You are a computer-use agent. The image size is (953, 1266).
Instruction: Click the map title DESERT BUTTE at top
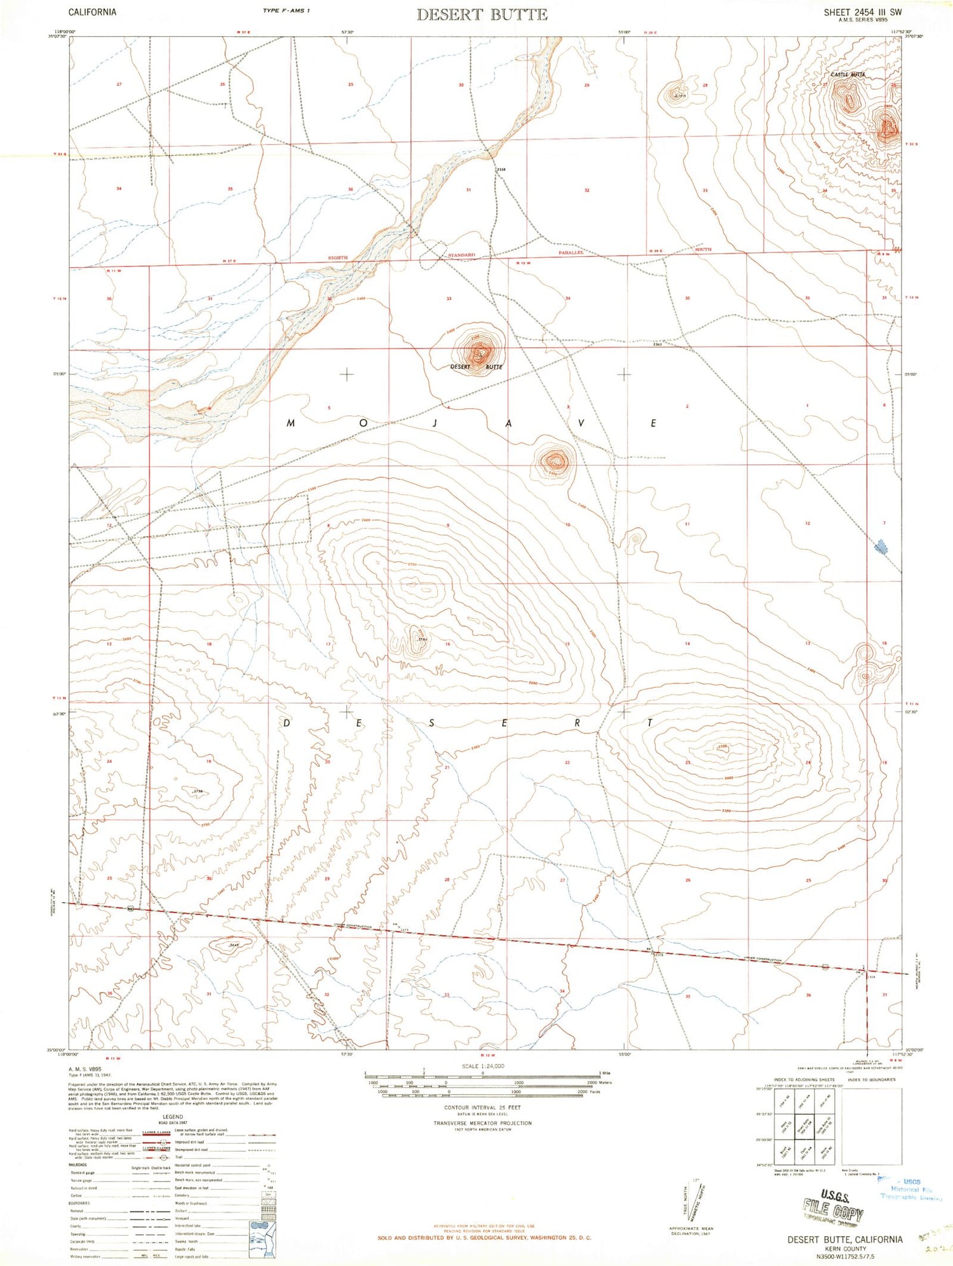(x=482, y=15)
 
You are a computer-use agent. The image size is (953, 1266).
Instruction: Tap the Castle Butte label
(x=848, y=75)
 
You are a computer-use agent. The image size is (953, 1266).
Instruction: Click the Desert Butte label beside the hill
(x=476, y=367)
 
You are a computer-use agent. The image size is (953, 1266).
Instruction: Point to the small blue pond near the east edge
(x=881, y=546)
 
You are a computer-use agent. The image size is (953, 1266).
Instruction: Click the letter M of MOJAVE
(x=291, y=423)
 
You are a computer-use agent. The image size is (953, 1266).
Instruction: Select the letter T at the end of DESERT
(x=651, y=723)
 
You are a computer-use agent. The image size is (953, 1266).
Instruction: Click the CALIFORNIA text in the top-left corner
(x=92, y=12)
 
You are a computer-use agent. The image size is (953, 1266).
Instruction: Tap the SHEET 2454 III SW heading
(x=862, y=12)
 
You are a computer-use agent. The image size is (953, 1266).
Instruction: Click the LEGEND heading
(x=172, y=1117)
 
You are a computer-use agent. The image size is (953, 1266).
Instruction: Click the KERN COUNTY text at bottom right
(x=844, y=1249)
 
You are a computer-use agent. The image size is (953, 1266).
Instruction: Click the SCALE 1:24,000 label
(x=483, y=1066)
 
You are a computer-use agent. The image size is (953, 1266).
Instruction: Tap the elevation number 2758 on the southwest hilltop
(x=198, y=791)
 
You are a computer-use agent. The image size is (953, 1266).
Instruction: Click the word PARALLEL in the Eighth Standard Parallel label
(x=571, y=252)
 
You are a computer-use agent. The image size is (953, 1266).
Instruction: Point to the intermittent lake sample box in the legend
(x=264, y=1225)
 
